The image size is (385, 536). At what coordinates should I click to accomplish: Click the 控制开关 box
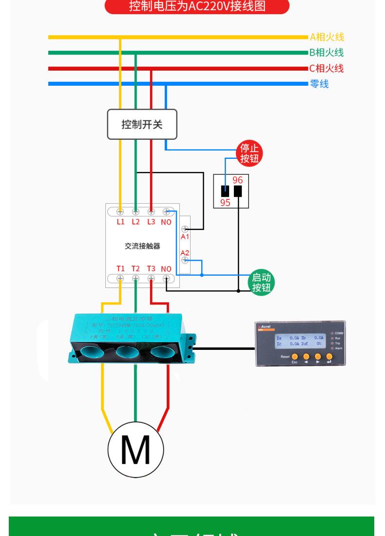point(142,124)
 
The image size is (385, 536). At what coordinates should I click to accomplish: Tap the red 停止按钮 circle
point(250,153)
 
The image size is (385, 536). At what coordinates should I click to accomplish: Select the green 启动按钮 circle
point(261,283)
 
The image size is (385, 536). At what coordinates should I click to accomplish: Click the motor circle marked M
point(135,449)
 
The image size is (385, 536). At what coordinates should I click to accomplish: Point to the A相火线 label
point(327,37)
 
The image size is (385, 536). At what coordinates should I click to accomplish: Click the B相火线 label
point(326,53)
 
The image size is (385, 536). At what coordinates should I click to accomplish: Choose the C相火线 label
point(326,68)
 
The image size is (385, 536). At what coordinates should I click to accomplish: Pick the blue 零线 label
point(319,84)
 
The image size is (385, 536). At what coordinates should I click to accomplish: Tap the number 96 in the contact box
point(237,180)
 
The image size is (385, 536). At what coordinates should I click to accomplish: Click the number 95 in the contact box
point(225,203)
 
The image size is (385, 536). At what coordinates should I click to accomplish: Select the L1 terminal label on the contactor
point(120,222)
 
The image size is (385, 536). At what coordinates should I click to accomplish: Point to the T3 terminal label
point(151,268)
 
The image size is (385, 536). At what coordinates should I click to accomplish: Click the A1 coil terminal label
point(185,236)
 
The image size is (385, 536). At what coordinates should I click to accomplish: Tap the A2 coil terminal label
point(185,252)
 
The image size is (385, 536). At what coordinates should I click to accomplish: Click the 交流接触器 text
point(142,246)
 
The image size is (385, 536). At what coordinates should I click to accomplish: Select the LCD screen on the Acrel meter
point(300,340)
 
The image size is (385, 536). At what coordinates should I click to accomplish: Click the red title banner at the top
point(197,7)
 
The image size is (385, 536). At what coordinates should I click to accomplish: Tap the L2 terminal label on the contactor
point(135,222)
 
